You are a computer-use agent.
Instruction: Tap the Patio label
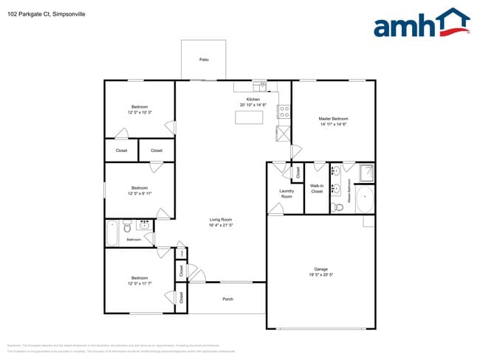pos(203,58)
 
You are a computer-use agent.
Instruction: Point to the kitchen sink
pos(260,85)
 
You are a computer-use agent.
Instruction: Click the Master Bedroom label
pos(333,119)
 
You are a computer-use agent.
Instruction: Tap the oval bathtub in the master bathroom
pos(365,200)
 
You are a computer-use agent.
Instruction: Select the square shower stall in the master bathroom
pos(365,173)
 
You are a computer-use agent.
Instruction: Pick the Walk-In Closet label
pos(317,188)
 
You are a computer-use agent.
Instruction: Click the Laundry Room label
pos(286,194)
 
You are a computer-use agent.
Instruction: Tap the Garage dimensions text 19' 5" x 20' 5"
pos(321,273)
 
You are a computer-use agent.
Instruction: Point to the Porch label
pos(227,299)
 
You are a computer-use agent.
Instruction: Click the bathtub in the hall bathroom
pos(112,233)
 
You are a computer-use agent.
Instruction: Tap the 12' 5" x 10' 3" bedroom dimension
pos(140,113)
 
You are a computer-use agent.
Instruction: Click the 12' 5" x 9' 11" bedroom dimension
pos(140,193)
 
